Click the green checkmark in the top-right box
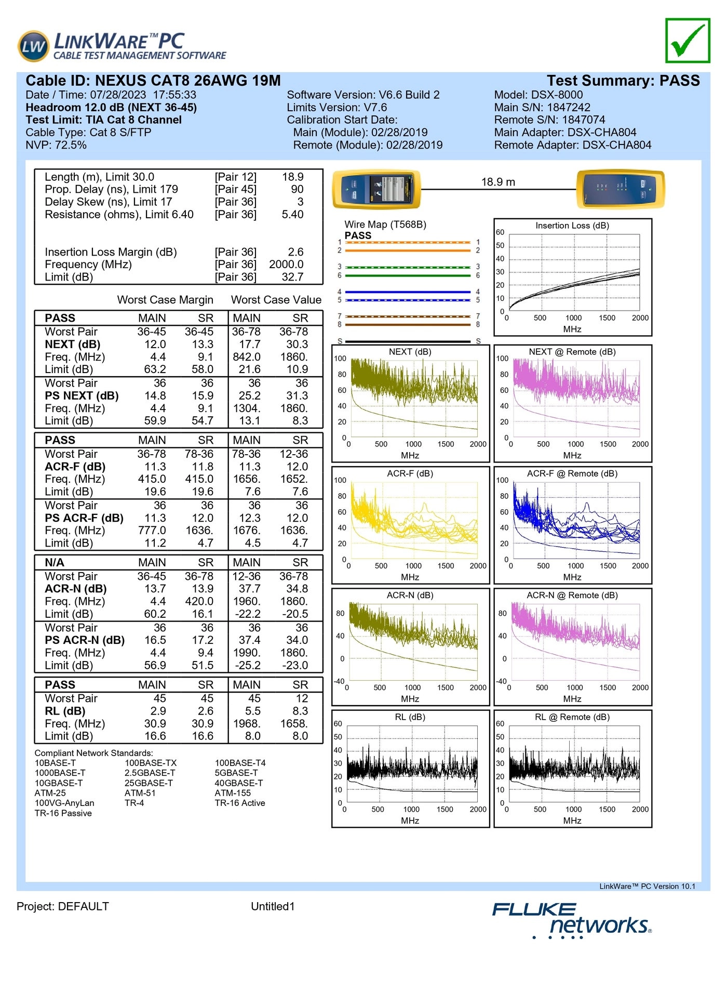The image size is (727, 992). tap(688, 41)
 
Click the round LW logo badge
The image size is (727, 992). tap(34, 46)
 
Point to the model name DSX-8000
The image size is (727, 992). tap(557, 95)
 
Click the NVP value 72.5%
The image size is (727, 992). tap(71, 145)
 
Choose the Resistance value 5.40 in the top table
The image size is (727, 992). tap(292, 214)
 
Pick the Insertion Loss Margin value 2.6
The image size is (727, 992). tap(295, 252)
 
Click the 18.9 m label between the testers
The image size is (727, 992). tap(498, 182)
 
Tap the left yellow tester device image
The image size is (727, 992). tap(376, 189)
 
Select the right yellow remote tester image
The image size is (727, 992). tap(621, 189)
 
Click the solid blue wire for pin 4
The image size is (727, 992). tap(409, 292)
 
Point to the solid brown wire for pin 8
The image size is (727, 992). tap(409, 325)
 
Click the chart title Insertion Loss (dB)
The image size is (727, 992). tap(572, 226)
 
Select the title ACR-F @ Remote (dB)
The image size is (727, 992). tap(572, 473)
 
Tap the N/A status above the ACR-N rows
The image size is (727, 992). tap(55, 562)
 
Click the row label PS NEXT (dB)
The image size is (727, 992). tap(82, 396)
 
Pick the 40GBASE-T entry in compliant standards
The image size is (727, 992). tap(239, 783)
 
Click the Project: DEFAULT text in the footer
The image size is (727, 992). tap(63, 906)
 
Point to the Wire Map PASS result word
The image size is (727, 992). tap(358, 235)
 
